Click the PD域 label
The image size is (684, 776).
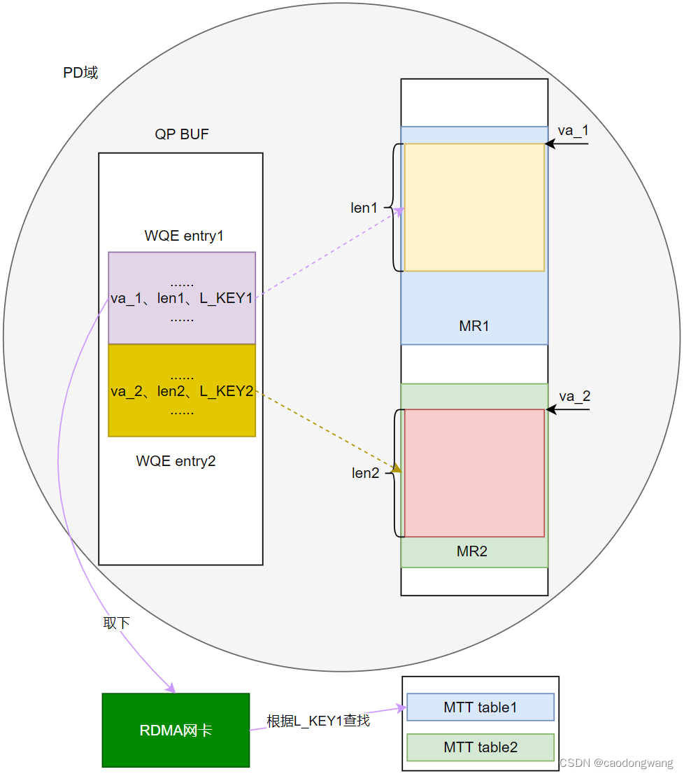click(80, 73)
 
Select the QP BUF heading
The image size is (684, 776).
click(182, 134)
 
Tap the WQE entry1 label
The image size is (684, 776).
click(184, 236)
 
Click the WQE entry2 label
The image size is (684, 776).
click(176, 461)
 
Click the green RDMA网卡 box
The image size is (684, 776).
click(176, 731)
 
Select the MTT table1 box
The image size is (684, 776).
click(480, 707)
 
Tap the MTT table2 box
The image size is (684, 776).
click(480, 747)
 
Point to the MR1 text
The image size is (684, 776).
click(474, 326)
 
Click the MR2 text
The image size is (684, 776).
click(472, 551)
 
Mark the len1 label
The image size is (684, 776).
click(364, 208)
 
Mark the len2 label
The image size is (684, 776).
click(365, 473)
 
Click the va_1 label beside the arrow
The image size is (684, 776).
click(573, 131)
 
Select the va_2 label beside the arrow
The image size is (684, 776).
click(575, 396)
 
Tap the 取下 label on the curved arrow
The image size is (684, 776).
click(116, 623)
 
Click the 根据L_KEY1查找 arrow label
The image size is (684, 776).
click(318, 721)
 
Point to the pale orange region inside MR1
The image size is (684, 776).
click(474, 207)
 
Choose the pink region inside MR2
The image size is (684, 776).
click(474, 473)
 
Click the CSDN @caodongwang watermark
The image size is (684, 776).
click(616, 763)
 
